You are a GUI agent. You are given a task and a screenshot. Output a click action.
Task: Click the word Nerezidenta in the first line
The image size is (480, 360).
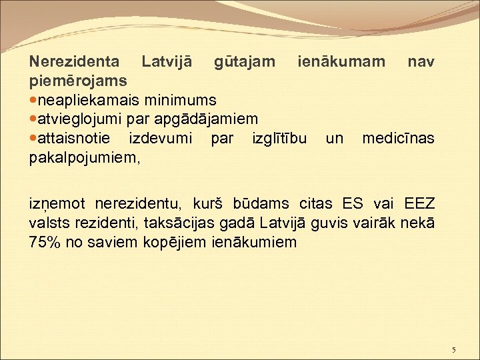[x=75, y=62]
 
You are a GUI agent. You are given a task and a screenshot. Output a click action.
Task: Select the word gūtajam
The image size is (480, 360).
[x=244, y=62]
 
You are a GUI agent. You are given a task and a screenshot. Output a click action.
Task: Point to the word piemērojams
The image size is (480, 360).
[x=79, y=81]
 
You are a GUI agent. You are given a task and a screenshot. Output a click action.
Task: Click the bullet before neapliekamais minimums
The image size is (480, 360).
[x=34, y=101]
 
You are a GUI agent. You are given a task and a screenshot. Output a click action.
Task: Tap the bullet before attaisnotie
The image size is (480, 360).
[x=34, y=139]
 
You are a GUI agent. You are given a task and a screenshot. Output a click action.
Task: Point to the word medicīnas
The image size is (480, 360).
[x=398, y=139]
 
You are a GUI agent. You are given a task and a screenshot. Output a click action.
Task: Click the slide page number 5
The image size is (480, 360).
[x=453, y=350]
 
